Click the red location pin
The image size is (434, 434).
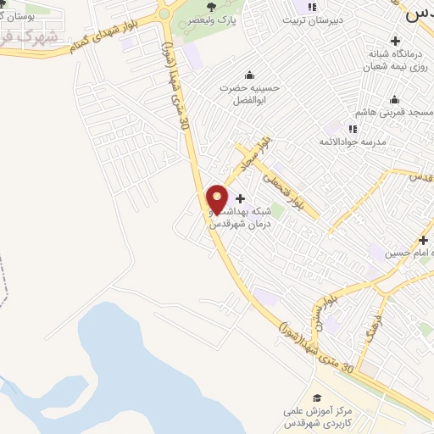click(218, 199)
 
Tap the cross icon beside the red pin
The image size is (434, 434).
click(240, 198)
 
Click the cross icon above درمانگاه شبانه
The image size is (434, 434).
click(394, 41)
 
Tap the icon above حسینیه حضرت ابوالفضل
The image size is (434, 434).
click(248, 74)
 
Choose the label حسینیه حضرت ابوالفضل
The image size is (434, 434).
click(250, 93)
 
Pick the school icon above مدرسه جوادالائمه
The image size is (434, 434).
click(353, 128)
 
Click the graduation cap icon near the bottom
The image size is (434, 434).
click(317, 398)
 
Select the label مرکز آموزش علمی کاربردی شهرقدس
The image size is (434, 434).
click(316, 416)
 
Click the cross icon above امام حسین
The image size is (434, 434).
click(423, 240)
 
